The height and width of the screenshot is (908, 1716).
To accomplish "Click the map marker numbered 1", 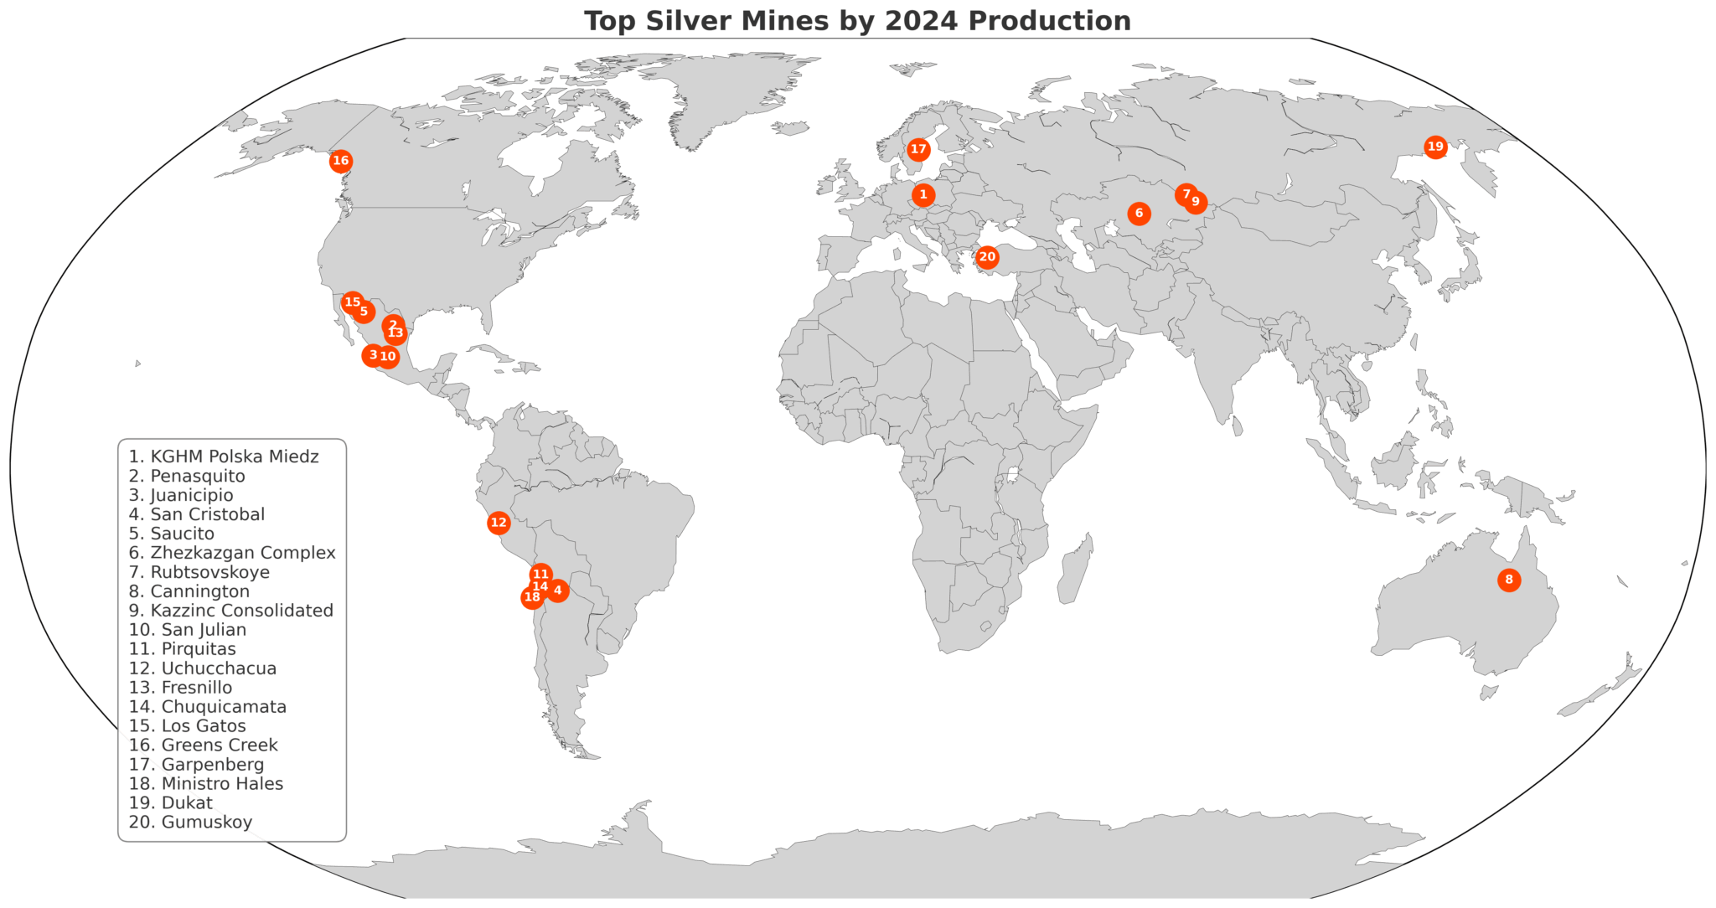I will pos(923,195).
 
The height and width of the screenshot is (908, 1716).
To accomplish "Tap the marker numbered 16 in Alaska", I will pos(340,161).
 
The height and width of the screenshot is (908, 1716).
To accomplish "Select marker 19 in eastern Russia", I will pos(1435,147).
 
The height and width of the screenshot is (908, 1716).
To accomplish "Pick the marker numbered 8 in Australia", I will pos(1508,580).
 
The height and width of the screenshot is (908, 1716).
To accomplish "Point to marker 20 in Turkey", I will pos(987,257).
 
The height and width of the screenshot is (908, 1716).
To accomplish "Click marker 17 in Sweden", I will pos(918,150).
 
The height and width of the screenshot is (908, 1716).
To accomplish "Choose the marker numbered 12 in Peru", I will pos(499,523).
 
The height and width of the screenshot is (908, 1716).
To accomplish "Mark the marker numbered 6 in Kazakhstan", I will pos(1139,214).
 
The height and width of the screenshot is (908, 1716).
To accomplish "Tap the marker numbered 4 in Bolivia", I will pos(558,591).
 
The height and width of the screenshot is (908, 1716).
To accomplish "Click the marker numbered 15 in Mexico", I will pos(352,302).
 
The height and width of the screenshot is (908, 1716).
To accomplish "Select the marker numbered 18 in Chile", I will pos(531,597).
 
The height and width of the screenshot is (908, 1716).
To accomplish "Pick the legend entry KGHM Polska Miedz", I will pos(224,457).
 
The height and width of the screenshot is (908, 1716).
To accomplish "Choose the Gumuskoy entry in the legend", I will pos(190,822).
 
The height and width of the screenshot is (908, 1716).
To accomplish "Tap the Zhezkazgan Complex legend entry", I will pos(232,553).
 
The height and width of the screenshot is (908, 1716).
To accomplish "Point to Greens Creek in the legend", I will pos(203,745).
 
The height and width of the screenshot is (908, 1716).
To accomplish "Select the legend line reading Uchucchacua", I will pos(202,668).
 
